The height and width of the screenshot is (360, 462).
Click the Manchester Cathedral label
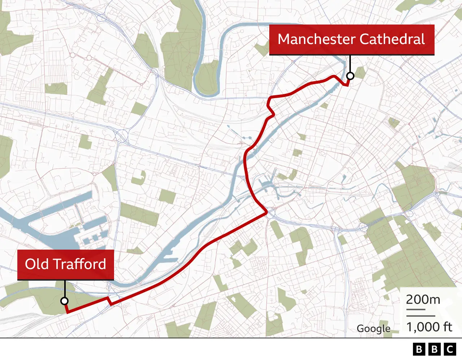tap(352, 39)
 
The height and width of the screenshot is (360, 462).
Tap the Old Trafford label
tap(66, 264)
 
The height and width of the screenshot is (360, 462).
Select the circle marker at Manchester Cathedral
tap(350, 76)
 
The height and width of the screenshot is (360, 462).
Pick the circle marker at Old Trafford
tap(65, 301)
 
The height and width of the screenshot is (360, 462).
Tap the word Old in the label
tap(36, 264)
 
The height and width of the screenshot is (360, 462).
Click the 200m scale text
tap(423, 299)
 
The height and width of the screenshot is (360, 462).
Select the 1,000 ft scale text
tap(429, 327)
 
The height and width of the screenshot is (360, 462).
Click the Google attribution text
tap(374, 329)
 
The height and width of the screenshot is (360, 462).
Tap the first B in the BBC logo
tap(419, 349)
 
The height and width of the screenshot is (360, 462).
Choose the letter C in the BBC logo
tap(450, 349)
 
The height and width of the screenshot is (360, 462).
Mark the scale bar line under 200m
tap(415, 309)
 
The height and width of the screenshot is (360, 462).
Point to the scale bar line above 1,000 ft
tap(420, 316)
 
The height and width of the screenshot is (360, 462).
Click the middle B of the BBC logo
tap(435, 349)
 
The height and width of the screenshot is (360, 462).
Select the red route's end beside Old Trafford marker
tap(67, 312)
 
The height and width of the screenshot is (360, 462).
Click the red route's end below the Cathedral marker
tap(347, 85)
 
